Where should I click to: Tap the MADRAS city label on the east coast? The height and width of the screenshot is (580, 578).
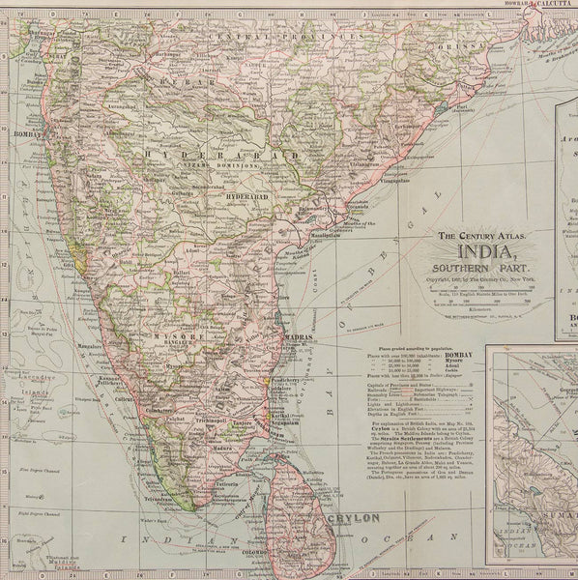303,337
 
